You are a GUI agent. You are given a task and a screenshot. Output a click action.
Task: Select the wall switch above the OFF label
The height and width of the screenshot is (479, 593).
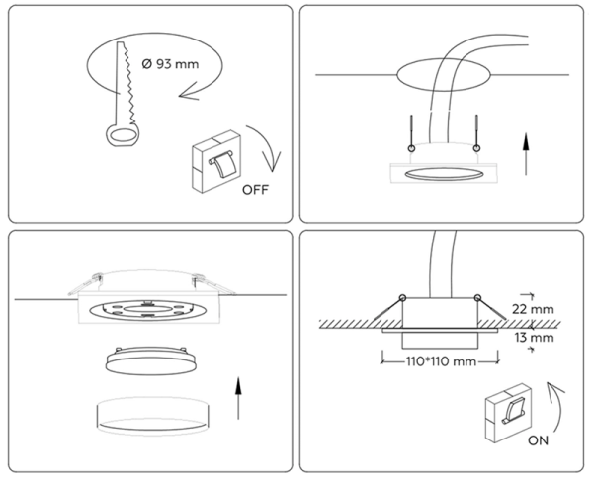(218, 162)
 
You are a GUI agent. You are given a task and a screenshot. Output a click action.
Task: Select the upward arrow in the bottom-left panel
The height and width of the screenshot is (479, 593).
(238, 398)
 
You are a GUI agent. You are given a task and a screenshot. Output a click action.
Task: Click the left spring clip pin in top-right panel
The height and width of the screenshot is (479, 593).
(408, 134)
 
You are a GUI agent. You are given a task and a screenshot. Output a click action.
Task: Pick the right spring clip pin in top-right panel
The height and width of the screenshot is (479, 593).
(476, 134)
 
